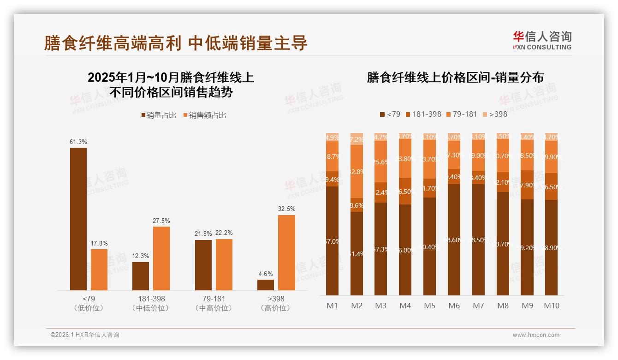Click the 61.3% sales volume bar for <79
click(x=78, y=219)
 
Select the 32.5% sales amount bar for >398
click(x=286, y=252)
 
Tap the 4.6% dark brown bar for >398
click(x=266, y=285)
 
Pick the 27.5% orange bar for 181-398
click(x=161, y=258)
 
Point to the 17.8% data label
click(x=99, y=244)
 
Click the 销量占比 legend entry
click(x=159, y=115)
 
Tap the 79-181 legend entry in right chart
click(x=462, y=114)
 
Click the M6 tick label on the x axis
click(x=454, y=306)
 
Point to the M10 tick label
click(x=551, y=306)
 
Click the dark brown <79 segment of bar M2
click(x=357, y=254)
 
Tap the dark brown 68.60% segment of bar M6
click(x=454, y=240)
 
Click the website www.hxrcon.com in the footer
click(x=535, y=335)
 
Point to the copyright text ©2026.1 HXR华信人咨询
click(x=85, y=335)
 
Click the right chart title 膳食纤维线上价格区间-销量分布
click(x=455, y=78)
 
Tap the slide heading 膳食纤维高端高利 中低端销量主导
click(x=176, y=43)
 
